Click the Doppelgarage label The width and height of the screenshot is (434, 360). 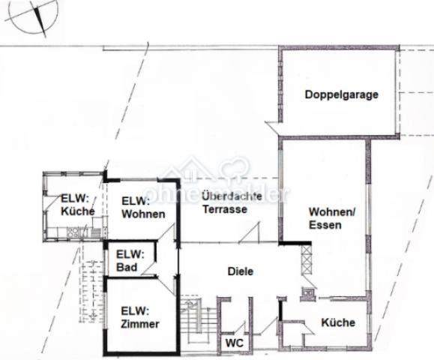click(x=340, y=95)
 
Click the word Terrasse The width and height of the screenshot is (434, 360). click(x=224, y=209)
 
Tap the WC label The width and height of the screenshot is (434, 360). click(x=232, y=342)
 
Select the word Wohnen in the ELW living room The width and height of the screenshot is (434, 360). click(x=142, y=214)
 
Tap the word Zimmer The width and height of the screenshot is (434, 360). click(x=139, y=324)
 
